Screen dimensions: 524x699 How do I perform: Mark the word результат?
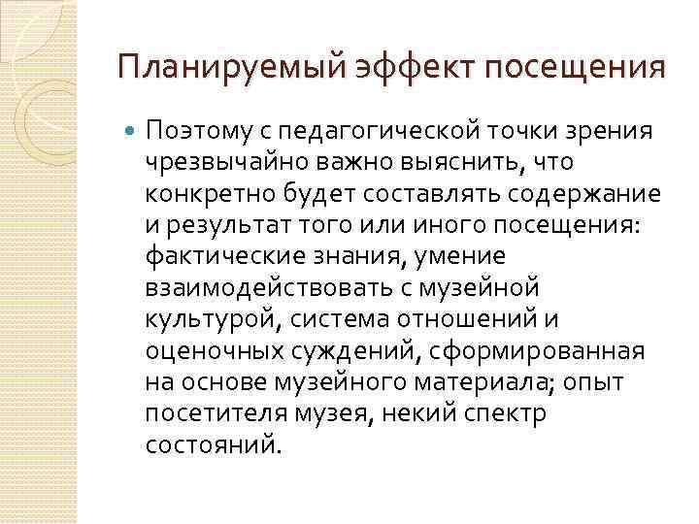(221, 224)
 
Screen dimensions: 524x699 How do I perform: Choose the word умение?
(458, 256)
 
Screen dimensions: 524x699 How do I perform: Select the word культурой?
(201, 319)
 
